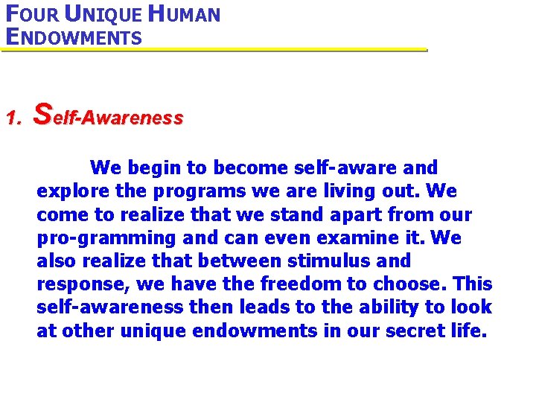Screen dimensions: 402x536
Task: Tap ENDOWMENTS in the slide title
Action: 73,36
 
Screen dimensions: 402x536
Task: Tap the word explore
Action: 68,191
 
